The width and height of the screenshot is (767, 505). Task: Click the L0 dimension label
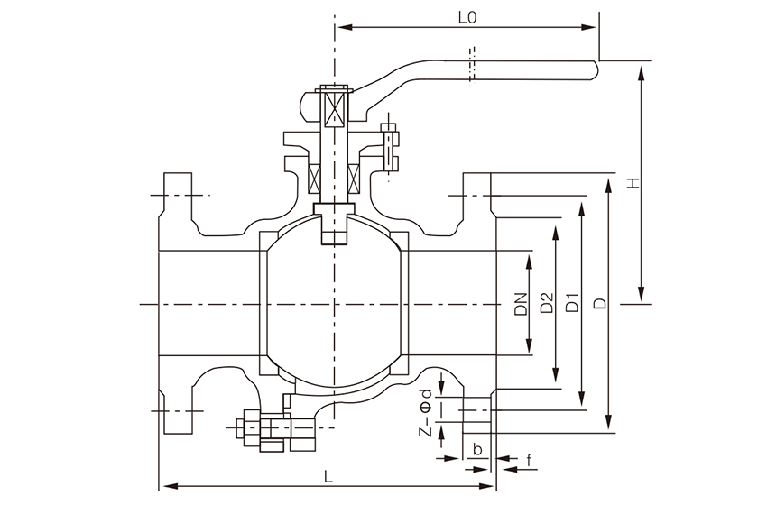click(x=467, y=16)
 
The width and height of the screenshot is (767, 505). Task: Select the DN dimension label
click(x=521, y=305)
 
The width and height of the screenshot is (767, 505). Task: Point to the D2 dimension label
click(x=546, y=305)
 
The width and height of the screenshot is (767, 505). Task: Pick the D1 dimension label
click(x=571, y=305)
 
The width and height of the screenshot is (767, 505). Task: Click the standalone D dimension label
click(x=600, y=305)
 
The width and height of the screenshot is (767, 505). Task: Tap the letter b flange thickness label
click(x=476, y=449)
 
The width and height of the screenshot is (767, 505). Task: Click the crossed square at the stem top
click(x=334, y=107)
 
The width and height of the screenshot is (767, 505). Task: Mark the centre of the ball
click(x=334, y=305)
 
